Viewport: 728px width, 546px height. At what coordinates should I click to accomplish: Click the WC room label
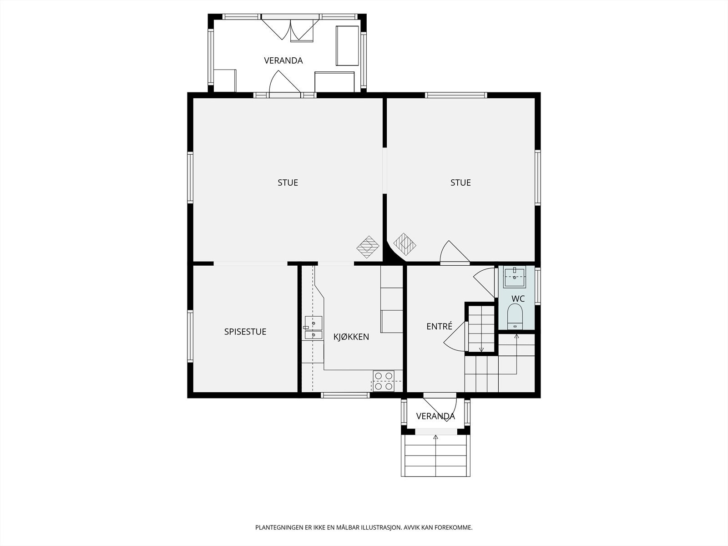518,298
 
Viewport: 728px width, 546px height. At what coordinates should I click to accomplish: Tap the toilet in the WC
515,316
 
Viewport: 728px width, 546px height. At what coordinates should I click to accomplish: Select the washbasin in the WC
515,277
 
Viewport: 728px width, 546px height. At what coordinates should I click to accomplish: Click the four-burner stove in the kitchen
384,380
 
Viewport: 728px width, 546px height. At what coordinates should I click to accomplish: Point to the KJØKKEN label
351,337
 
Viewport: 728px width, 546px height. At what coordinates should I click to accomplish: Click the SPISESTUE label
245,332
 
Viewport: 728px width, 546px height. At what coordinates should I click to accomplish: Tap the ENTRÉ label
439,326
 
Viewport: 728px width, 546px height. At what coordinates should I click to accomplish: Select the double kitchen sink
313,328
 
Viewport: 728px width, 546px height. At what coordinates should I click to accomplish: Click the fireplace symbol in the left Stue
368,247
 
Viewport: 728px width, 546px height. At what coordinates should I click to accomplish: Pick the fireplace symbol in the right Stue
404,244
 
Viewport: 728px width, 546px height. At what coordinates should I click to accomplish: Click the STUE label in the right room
460,182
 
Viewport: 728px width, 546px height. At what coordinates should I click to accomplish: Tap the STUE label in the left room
288,182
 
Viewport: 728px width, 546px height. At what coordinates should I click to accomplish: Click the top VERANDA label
283,61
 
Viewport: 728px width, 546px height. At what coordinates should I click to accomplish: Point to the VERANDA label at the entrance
435,416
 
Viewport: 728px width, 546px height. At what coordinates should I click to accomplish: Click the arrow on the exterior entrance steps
435,456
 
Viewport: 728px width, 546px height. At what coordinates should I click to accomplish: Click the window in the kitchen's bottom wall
345,395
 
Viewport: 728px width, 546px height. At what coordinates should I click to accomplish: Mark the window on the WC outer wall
538,286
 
